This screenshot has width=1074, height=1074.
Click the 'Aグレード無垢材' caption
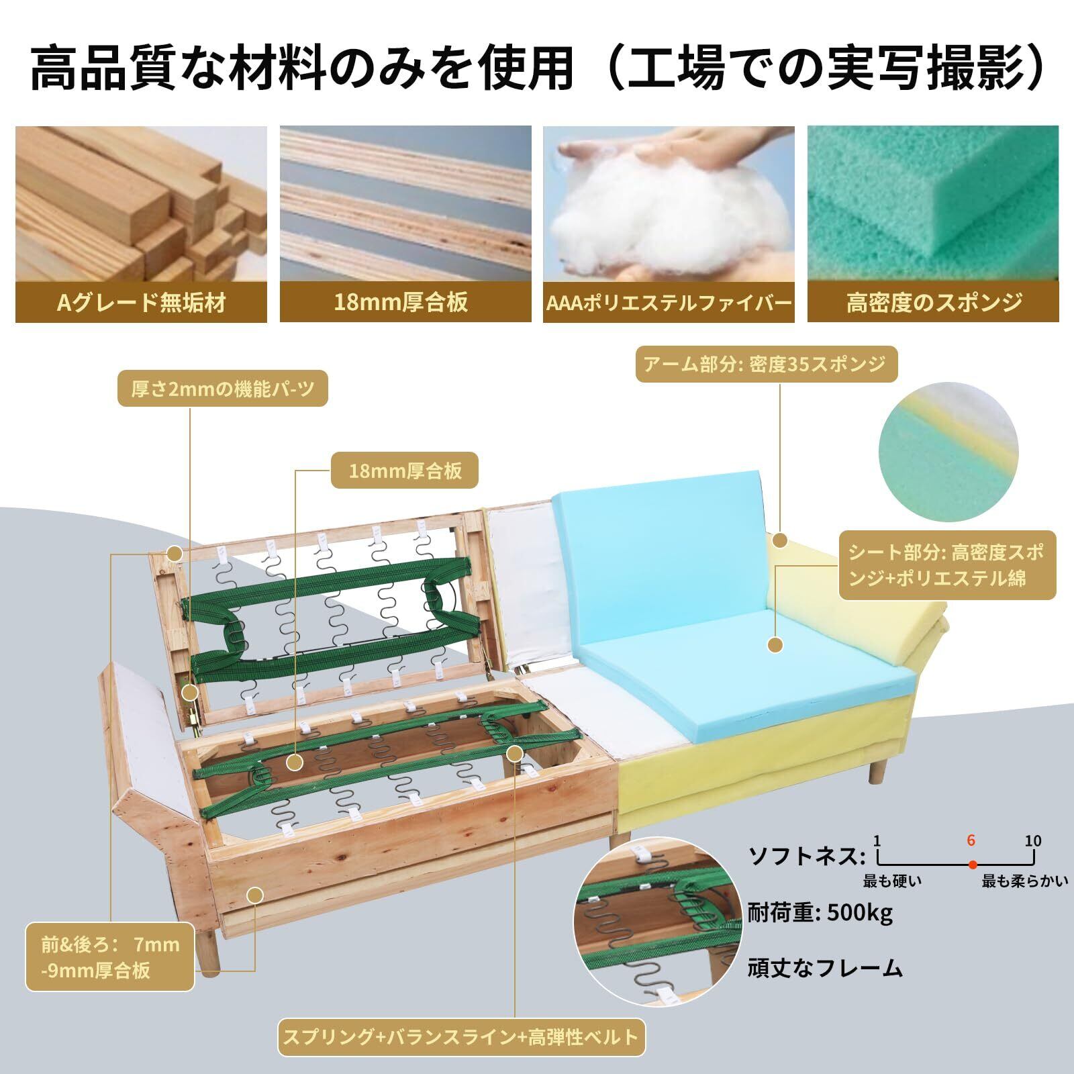tap(141, 303)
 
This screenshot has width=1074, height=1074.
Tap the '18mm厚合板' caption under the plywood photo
tap(401, 303)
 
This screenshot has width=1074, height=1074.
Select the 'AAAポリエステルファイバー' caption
tap(669, 303)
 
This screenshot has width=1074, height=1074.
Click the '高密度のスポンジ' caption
tap(934, 303)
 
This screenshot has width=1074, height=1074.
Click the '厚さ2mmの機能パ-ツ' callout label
tap(223, 389)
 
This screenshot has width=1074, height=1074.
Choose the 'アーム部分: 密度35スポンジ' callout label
tap(766, 364)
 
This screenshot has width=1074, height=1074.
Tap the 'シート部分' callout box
tap(947, 565)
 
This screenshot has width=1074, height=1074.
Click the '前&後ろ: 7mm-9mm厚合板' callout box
tap(110, 957)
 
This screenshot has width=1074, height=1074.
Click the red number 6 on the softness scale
tap(971, 840)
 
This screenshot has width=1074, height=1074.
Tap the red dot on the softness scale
tap(972, 863)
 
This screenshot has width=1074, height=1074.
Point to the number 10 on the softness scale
tap(1032, 840)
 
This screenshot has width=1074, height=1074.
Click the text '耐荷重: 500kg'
tap(820, 913)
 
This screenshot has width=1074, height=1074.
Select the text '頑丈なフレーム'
tap(825, 967)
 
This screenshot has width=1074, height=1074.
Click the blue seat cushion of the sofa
tap(745, 651)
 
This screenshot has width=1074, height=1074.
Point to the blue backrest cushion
tap(658, 537)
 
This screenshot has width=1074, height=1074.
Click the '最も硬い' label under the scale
tap(892, 881)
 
